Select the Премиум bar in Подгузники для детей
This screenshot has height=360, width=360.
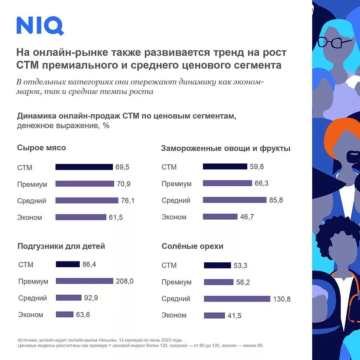point(84,281)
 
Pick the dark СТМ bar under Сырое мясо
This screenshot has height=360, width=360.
point(84,167)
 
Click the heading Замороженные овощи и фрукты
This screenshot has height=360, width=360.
point(225,148)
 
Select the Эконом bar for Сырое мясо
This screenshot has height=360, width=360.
point(81,217)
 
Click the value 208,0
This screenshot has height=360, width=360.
point(125,281)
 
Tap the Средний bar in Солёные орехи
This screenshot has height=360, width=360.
point(237,299)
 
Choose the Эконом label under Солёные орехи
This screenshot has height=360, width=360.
point(174,315)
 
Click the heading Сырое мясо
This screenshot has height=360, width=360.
point(41,148)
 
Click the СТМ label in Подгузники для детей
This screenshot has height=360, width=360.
point(26,265)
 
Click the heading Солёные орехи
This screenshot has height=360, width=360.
point(192,246)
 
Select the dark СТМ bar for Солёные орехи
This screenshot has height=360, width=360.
point(217,265)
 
